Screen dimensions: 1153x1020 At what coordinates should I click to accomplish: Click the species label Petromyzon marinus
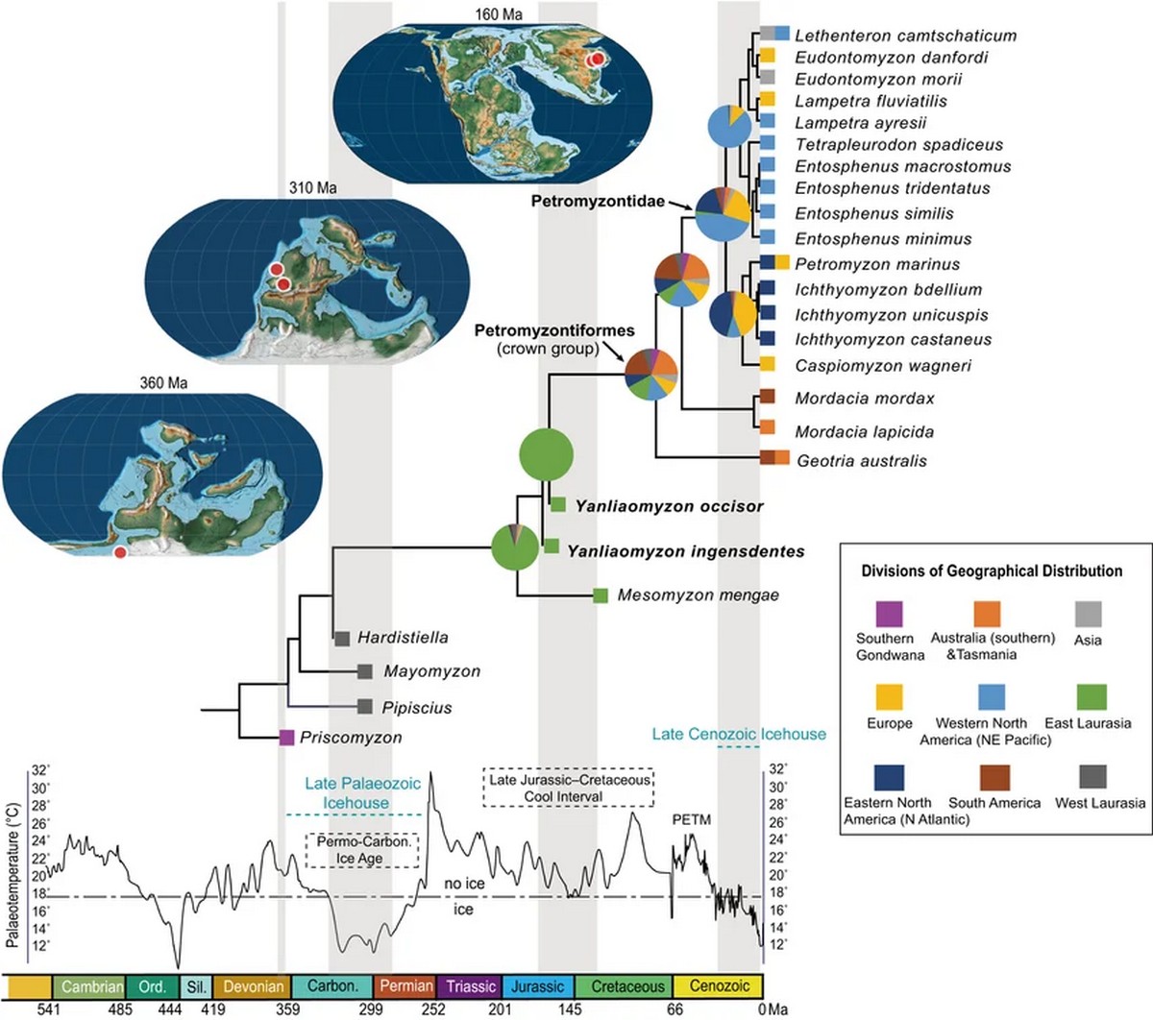point(877,264)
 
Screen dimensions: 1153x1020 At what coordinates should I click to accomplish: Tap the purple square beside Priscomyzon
point(286,738)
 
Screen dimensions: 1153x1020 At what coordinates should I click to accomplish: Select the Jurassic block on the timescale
point(537,985)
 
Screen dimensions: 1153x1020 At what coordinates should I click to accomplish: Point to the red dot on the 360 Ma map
point(119,552)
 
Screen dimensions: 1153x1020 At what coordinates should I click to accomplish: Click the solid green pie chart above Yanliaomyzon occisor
point(547,454)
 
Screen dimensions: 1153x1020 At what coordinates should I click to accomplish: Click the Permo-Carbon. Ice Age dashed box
point(362,850)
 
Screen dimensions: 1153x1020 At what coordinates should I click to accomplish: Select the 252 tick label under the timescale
point(433,1009)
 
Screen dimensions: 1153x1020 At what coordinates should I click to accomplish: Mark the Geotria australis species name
point(862,460)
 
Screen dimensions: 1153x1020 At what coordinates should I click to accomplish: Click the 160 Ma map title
point(499,14)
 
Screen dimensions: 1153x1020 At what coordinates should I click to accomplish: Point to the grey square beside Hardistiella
point(341,639)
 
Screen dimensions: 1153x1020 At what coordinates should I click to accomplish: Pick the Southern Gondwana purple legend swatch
point(890,614)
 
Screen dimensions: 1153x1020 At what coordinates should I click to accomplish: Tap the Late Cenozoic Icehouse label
point(739,734)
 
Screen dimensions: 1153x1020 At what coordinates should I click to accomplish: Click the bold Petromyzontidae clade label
point(598,201)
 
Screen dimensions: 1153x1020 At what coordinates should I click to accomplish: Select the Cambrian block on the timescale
point(88,985)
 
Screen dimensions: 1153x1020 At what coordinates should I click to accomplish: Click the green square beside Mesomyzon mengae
point(601,595)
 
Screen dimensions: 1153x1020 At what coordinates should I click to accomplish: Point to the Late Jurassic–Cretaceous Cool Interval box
point(568,787)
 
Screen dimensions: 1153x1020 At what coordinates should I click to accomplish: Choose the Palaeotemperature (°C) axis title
point(12,875)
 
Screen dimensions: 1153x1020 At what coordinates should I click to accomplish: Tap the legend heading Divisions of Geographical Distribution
point(992,571)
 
